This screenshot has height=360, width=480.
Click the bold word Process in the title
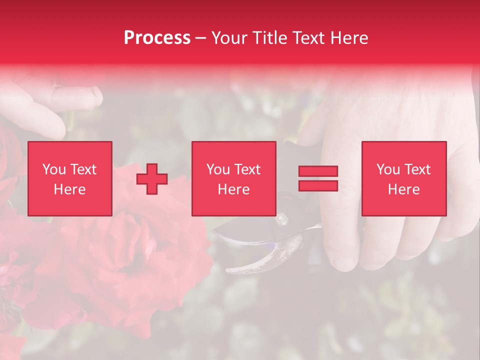[x=157, y=38]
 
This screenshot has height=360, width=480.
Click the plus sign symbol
[x=152, y=179]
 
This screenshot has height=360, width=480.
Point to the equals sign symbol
[x=318, y=178]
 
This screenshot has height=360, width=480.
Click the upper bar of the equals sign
[x=318, y=171]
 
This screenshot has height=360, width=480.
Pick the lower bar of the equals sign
[x=318, y=185]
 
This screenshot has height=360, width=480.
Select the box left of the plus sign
[x=70, y=178]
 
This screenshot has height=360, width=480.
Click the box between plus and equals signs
[x=234, y=178]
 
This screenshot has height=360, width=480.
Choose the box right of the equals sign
[x=404, y=178]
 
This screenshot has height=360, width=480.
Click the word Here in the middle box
[x=234, y=189]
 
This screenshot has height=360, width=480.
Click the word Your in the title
[x=230, y=38]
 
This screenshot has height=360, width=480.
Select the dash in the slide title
[x=201, y=38]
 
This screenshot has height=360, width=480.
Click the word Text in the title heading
[x=306, y=38]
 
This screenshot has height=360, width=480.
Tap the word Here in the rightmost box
[x=404, y=189]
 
